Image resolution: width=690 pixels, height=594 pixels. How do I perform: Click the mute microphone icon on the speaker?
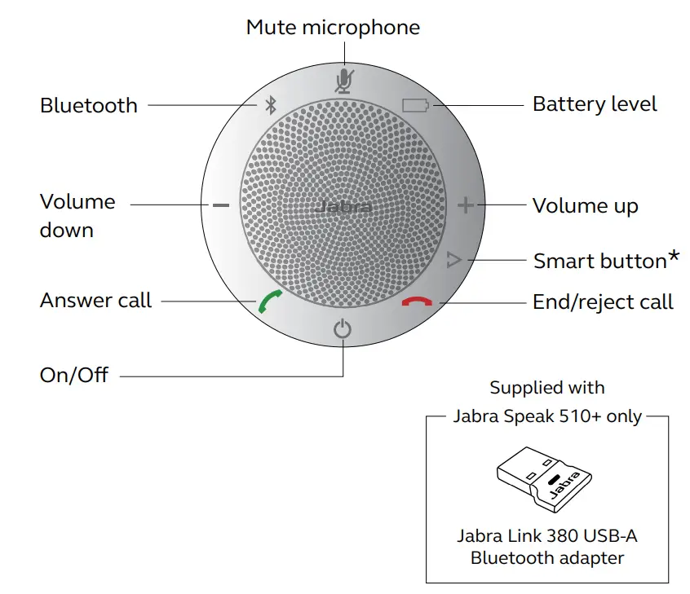tap(344, 80)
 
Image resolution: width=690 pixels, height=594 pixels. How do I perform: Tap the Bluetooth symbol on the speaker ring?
tap(272, 105)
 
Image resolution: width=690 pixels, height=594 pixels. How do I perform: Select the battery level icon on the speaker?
tap(414, 105)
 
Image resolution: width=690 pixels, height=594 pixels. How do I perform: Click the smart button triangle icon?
tap(454, 261)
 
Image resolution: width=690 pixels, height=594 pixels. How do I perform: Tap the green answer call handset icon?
tap(269, 303)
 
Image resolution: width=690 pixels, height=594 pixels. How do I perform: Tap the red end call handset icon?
tap(418, 302)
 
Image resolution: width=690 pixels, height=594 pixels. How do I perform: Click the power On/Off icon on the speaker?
tap(343, 330)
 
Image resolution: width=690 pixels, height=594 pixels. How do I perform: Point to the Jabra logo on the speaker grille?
tap(343, 207)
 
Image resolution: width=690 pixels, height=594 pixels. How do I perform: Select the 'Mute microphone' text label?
tap(333, 27)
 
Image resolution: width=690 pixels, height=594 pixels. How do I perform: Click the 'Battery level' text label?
tap(595, 104)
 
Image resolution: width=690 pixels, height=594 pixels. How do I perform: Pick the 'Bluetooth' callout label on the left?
tap(89, 105)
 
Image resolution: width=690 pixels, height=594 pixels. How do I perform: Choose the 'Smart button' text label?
tap(599, 261)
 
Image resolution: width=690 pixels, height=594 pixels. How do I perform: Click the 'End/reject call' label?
tap(603, 302)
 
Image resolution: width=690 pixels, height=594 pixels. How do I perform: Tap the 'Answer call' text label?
tap(95, 301)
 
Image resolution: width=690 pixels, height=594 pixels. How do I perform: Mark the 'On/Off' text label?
tap(74, 376)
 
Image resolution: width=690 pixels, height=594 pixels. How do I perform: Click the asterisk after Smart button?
tap(674, 257)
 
